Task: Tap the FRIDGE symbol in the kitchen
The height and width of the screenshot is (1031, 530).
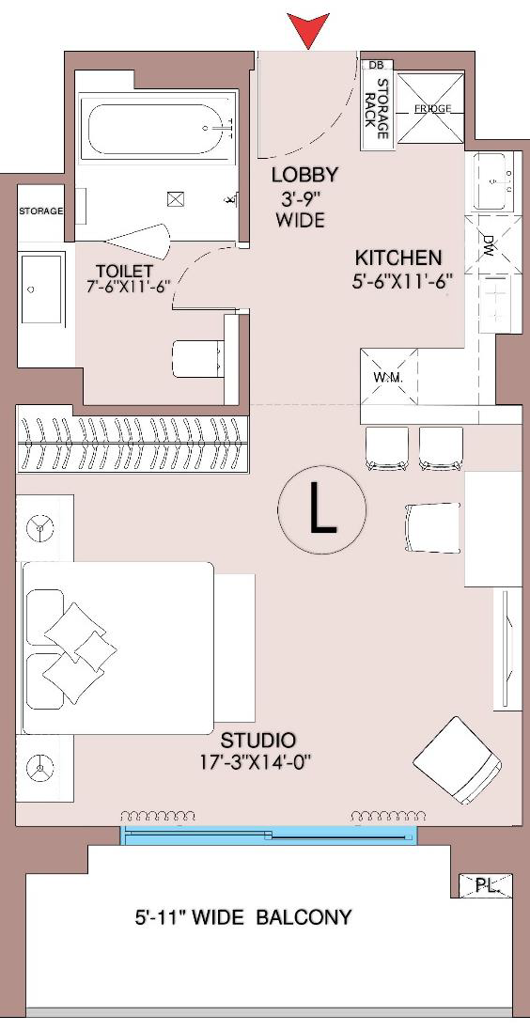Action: pyautogui.click(x=432, y=108)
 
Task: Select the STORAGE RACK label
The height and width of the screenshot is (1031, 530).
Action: pyautogui.click(x=378, y=108)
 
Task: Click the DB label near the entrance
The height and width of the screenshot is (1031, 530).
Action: pyautogui.click(x=376, y=65)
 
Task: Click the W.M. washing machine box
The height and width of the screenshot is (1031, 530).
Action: pyautogui.click(x=389, y=377)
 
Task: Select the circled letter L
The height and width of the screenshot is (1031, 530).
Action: pyautogui.click(x=321, y=509)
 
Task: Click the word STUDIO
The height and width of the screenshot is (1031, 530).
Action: pyautogui.click(x=257, y=741)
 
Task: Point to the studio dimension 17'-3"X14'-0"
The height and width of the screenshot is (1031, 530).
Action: pyautogui.click(x=256, y=763)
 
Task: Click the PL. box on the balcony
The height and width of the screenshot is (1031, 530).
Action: pyautogui.click(x=485, y=885)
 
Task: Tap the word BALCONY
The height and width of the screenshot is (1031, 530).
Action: pyautogui.click(x=304, y=917)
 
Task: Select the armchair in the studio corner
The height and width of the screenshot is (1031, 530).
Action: pyautogui.click(x=459, y=760)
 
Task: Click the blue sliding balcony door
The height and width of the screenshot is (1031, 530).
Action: pyautogui.click(x=268, y=836)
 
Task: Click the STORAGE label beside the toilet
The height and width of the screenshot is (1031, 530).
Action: pyautogui.click(x=40, y=211)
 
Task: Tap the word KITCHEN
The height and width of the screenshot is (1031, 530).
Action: pyautogui.click(x=398, y=258)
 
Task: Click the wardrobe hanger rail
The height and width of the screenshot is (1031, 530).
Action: pyautogui.click(x=132, y=445)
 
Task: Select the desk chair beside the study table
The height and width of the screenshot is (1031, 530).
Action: pyautogui.click(x=432, y=528)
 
